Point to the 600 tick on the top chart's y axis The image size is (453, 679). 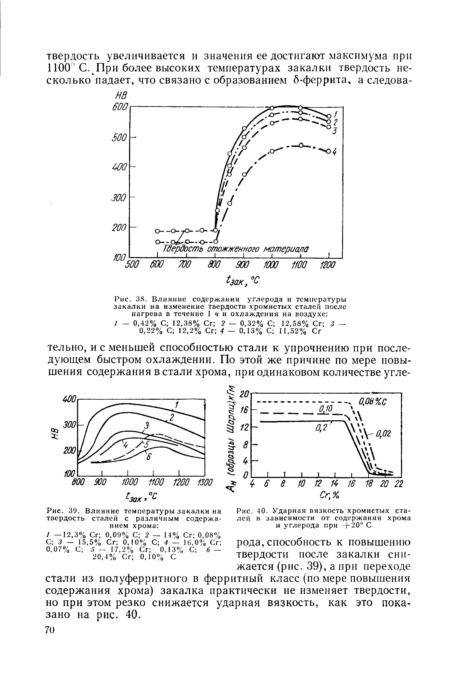[120, 107]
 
